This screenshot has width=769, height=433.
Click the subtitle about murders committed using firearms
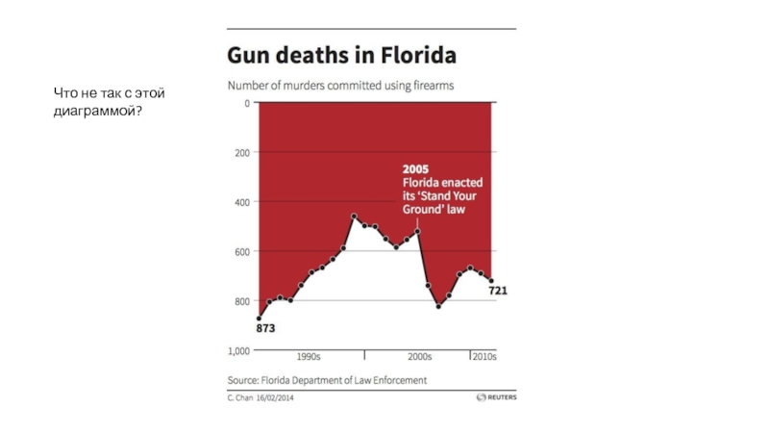[340, 87]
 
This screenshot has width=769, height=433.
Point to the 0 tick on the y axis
[246, 103]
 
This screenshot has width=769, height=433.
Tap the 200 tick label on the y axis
[240, 152]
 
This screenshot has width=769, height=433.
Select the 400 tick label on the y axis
[240, 202]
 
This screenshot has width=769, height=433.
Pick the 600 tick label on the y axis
[240, 252]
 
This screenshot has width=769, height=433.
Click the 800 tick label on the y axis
[240, 302]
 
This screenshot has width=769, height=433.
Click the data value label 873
[265, 328]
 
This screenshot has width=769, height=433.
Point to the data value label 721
[498, 291]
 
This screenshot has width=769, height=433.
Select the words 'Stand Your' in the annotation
[444, 195]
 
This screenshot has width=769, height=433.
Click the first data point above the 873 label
[259, 318]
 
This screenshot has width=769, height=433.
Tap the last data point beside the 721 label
[490, 281]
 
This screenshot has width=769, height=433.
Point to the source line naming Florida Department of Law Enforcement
[327, 380]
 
